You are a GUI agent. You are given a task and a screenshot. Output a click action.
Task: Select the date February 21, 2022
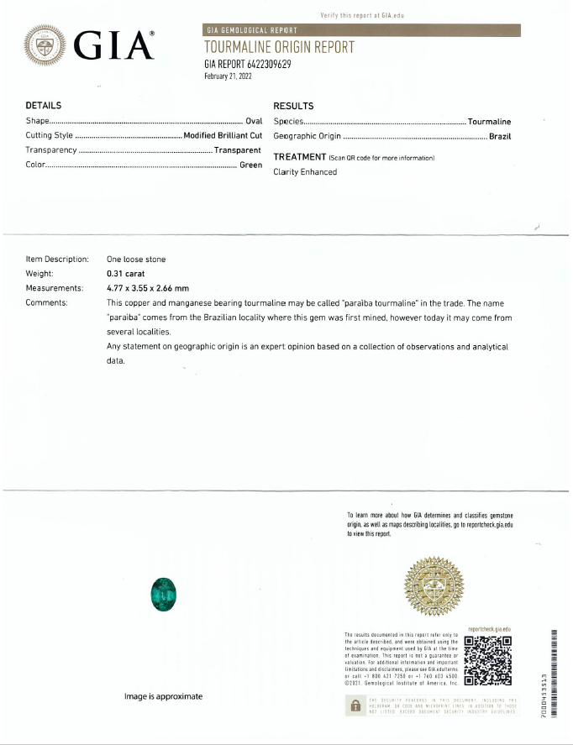click(x=228, y=76)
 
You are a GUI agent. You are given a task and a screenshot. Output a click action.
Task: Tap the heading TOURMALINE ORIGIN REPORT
click(x=279, y=47)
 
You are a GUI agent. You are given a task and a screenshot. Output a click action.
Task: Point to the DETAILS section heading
click(x=44, y=106)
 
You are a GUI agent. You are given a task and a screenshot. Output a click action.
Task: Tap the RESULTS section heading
click(x=294, y=106)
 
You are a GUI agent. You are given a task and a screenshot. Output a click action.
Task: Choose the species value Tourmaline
click(x=489, y=122)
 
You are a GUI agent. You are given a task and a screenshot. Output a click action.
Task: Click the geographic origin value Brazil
click(x=500, y=136)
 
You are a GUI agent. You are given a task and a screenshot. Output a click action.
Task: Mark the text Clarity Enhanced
click(x=305, y=172)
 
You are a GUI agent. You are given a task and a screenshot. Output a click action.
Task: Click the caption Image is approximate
click(x=163, y=696)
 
